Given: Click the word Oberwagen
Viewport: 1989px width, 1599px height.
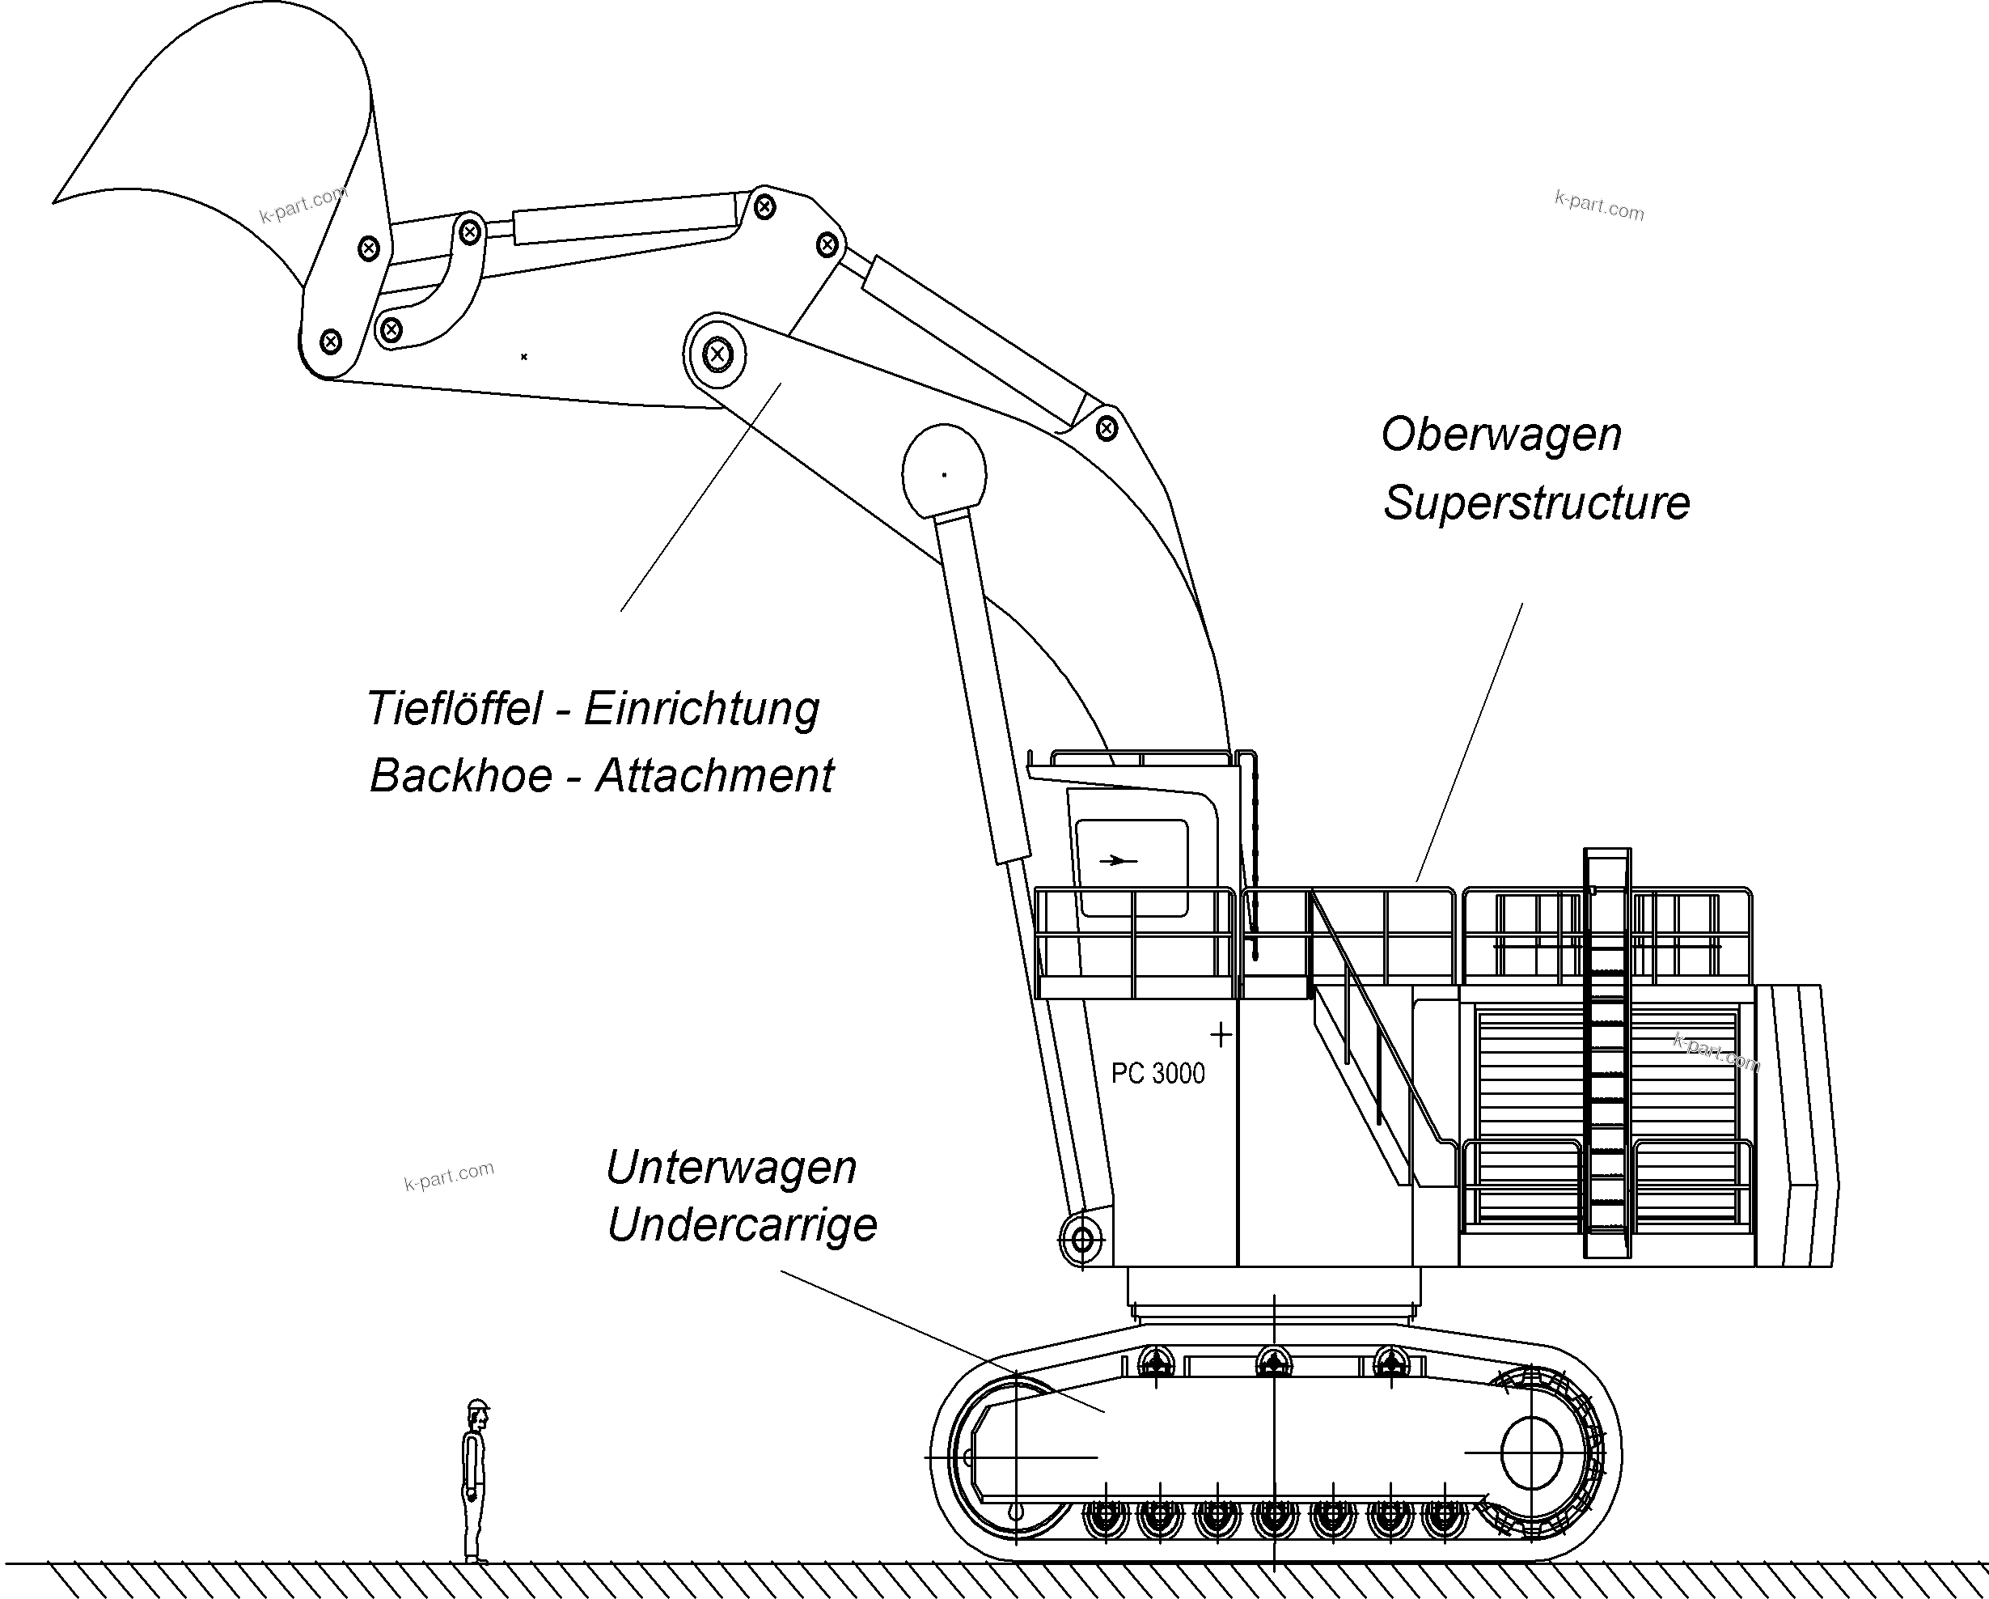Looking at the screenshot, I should [1501, 435].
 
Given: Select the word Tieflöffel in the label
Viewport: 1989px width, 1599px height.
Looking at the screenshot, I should [455, 710].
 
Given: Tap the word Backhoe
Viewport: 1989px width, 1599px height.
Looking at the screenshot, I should [460, 776].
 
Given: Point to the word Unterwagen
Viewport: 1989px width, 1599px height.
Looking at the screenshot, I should [730, 1169].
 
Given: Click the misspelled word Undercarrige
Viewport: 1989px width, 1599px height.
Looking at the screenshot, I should [742, 1226].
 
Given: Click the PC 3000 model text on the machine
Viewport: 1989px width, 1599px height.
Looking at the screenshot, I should [1157, 1074].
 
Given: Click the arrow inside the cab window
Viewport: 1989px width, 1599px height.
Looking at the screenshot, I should [1117, 861].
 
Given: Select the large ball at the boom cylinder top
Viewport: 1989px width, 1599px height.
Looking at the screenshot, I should [944, 474].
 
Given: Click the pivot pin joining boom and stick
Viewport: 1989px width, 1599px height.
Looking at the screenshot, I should [717, 354].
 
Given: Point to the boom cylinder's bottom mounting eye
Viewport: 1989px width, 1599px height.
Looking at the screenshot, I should [1081, 1239].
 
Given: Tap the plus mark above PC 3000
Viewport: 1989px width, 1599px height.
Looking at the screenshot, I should [1221, 1035].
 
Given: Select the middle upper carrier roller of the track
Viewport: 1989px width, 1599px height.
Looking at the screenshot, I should [1272, 1362].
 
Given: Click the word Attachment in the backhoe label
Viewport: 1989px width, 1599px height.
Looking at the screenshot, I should [715, 776].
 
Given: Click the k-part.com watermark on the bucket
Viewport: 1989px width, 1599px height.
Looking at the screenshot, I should [303, 205].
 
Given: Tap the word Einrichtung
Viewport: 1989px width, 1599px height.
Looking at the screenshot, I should [701, 710].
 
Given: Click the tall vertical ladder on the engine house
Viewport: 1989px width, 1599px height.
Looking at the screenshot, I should [1607, 1052].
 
